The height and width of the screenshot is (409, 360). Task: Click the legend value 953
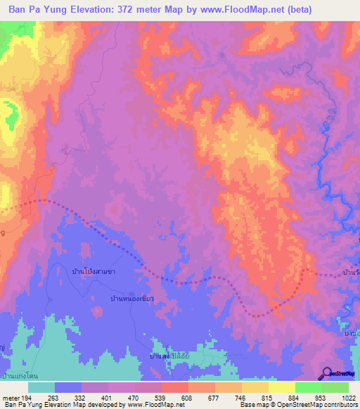pyautogui.click(x=321, y=396)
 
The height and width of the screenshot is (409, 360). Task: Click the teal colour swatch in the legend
pyautogui.click(x=41, y=387)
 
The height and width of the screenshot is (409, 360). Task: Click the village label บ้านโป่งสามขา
pyautogui.click(x=94, y=270)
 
